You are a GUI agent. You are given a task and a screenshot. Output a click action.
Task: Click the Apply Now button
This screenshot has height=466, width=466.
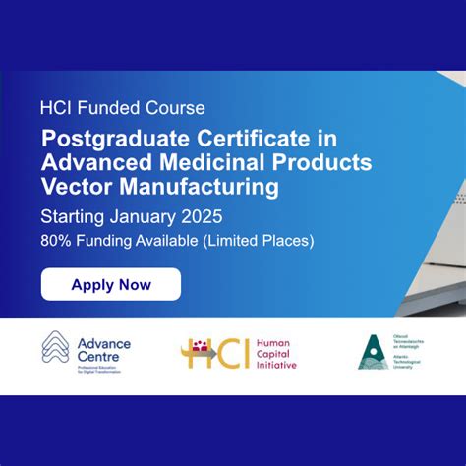coord(111,285)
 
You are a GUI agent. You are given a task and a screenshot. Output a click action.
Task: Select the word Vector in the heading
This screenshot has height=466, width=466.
coord(74,185)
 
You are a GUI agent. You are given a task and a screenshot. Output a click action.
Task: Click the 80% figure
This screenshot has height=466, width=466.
coord(57,239)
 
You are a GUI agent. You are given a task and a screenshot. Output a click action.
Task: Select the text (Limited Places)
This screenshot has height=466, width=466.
coord(259,239)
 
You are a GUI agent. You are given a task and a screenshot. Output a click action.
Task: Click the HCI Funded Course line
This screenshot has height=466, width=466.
coord(122,108)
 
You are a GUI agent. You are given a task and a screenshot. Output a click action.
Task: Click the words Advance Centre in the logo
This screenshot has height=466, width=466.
coord(103,349)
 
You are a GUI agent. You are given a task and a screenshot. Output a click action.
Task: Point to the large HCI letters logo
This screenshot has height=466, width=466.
coord(215,353)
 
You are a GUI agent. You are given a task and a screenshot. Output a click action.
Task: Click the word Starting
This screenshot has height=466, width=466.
coord(73,215)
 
